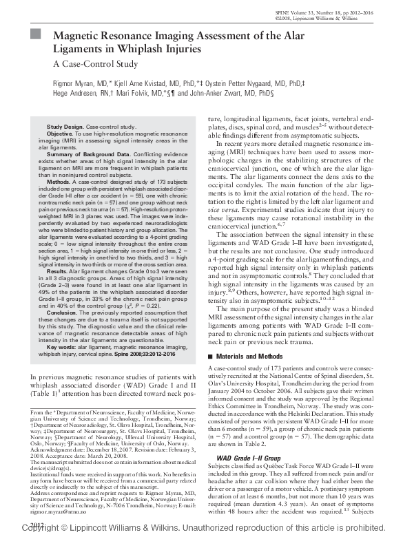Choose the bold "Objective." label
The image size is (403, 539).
(61, 134)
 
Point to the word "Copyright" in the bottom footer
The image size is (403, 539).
(37, 530)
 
